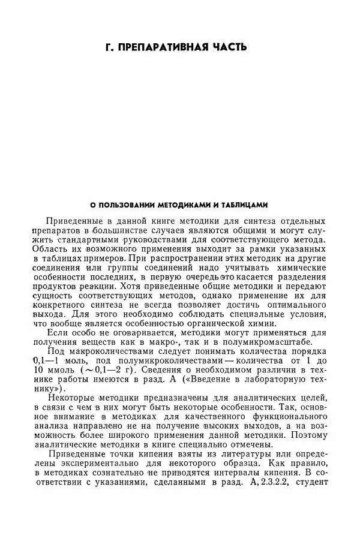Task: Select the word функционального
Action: point(284,420)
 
